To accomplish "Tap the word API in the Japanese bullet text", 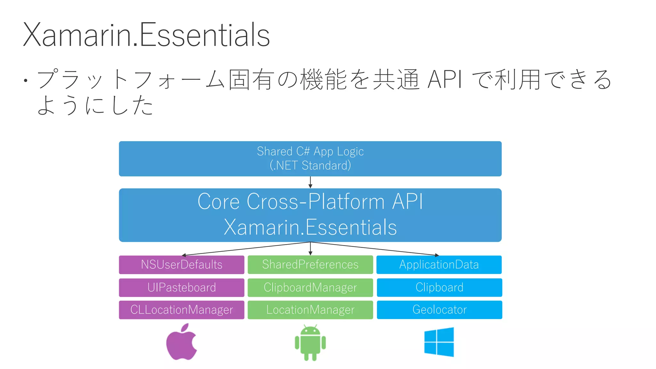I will click(x=445, y=79).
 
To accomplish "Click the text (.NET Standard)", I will click(x=310, y=166).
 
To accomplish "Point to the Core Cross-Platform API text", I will click(x=310, y=202).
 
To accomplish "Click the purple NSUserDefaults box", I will click(x=181, y=265).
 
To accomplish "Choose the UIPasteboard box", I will click(x=181, y=287).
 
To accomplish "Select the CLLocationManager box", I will click(x=181, y=310).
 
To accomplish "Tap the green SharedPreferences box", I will click(x=310, y=265).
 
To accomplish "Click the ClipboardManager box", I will click(x=310, y=287).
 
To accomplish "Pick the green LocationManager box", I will click(x=310, y=310).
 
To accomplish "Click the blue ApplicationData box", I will click(x=439, y=265).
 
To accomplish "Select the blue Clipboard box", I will click(x=439, y=287).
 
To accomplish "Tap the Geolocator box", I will click(x=439, y=310).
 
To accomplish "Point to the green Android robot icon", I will click(x=310, y=343).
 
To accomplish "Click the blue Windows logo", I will click(x=439, y=342).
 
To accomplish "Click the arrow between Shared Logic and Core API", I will click(x=310, y=182).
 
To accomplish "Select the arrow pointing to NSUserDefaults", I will click(x=247, y=249).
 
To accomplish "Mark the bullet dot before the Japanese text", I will click(x=25, y=80).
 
